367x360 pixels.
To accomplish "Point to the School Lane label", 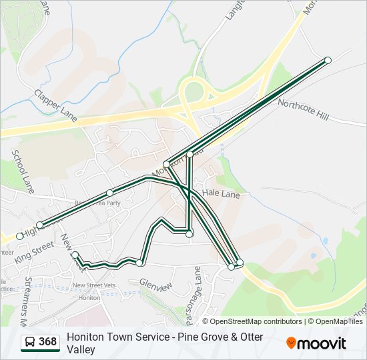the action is (22, 167).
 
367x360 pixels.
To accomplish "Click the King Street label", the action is (33, 252).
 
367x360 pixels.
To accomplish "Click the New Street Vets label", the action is (94, 285).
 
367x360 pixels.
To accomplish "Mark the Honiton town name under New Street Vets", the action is (89, 297).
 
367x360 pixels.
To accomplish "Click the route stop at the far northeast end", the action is (328, 60).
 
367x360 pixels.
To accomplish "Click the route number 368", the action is (47, 342).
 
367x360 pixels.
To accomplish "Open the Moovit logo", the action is (316, 343).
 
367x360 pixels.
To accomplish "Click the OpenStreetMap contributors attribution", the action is (256, 321).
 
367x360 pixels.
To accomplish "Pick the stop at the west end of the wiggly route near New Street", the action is (75, 254).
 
